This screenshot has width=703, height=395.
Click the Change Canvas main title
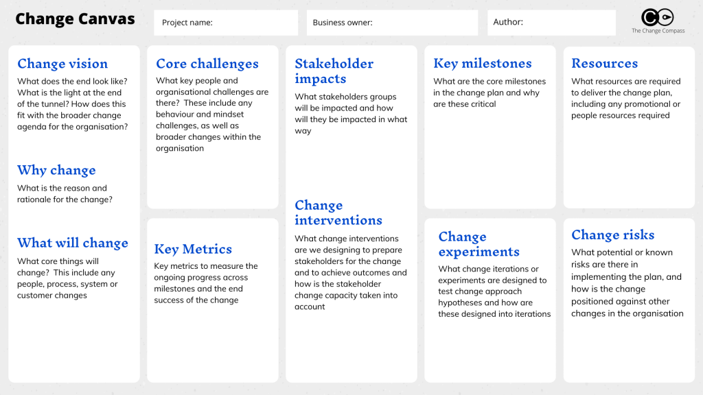coord(75,19)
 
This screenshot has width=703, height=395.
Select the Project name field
coord(226,23)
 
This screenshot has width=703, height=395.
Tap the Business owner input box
coord(392,23)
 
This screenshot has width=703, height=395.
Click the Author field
coord(551,23)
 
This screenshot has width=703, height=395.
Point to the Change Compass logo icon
coord(657,17)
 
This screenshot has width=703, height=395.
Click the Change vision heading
coord(62,64)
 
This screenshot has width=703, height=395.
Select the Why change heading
coord(56,170)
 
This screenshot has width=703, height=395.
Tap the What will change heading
coord(73,243)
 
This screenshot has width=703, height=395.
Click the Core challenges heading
coord(207,64)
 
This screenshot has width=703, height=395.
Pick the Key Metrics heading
coord(193,249)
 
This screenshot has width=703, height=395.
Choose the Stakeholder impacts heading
coord(334,71)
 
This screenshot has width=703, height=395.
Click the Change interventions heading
coord(338,213)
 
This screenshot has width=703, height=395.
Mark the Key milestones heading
coord(483,64)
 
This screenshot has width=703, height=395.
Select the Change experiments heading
coord(479,244)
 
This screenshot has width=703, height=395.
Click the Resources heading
coord(604,63)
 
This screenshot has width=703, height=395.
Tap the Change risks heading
coord(613,235)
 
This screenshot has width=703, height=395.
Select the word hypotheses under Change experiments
coord(460,303)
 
